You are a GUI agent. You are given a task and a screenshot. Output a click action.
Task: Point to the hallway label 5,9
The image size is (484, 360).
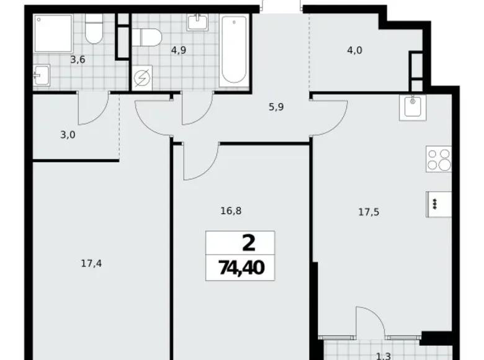click(276, 106)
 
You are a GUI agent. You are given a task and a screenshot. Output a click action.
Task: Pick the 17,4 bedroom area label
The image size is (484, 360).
click(91, 263)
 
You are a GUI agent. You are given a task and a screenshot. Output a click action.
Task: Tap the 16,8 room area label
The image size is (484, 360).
click(230, 211)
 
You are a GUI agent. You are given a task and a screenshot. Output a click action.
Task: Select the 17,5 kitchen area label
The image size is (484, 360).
click(369, 212)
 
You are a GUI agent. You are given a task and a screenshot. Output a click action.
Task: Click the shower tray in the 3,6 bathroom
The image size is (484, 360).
click(54, 32)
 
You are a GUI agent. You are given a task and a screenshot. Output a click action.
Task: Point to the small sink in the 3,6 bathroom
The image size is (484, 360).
click(39, 77)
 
